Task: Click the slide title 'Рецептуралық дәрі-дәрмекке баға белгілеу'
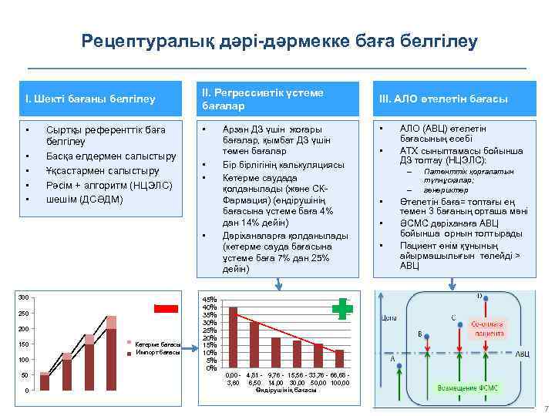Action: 280,41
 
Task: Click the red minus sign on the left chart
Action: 166,308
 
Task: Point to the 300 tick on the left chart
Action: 24,297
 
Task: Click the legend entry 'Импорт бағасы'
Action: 158,352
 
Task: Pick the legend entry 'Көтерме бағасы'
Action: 158,344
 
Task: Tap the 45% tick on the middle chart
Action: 209,300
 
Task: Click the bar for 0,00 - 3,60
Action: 233,335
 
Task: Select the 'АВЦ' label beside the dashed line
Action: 522,354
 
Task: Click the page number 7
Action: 546,408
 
